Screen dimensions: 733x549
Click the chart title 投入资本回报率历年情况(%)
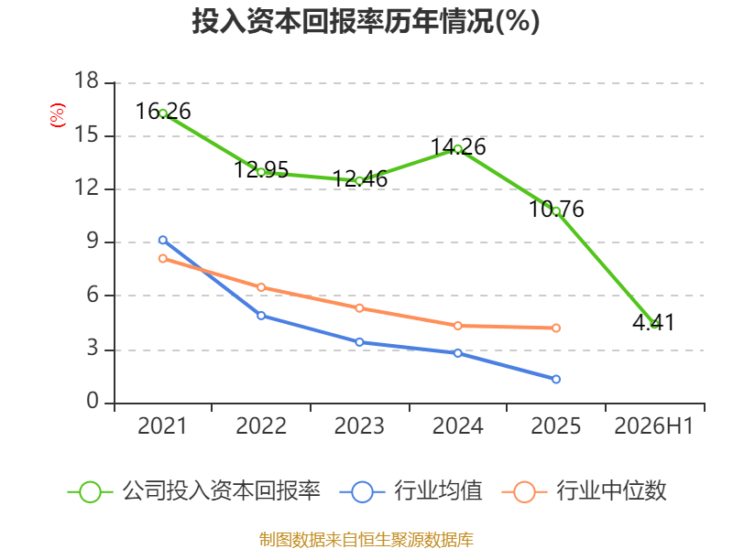pos(366,21)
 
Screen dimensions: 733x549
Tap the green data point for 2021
pos(163,113)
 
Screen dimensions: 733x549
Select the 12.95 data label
pos(261,169)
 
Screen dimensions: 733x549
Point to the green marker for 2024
pos(457,149)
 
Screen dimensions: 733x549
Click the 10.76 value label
pos(556,209)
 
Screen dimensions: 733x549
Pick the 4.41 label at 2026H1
pos(653,322)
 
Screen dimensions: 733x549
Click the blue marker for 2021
pos(163,240)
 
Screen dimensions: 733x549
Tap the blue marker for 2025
pos(556,379)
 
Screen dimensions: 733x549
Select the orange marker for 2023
pos(359,308)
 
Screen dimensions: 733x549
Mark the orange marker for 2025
pos(556,328)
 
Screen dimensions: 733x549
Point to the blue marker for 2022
pos(261,316)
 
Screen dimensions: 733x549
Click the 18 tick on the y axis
pos(86,81)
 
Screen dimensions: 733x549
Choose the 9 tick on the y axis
pos(93,241)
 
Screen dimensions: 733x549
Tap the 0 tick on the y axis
pos(93,401)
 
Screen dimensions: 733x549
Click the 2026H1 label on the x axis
pos(653,425)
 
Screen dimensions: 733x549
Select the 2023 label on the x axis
pos(359,425)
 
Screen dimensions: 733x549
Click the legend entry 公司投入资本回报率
pos(194,491)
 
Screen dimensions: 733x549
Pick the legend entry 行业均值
pos(410,491)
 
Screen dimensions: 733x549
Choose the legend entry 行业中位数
pos(584,491)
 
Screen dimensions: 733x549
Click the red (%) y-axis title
pos(58,115)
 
